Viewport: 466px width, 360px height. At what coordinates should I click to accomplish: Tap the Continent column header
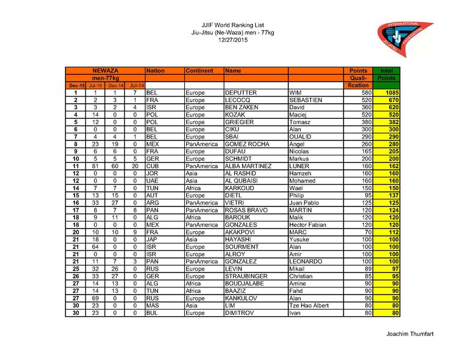199,71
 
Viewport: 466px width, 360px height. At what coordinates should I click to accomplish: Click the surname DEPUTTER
241,93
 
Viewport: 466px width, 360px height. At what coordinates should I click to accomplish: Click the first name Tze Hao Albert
309,305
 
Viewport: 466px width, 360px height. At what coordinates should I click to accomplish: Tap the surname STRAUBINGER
246,277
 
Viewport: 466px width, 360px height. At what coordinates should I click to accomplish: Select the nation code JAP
152,239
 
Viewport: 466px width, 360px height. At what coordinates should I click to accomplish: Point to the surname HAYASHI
238,239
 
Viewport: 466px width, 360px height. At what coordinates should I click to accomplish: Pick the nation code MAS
153,305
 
